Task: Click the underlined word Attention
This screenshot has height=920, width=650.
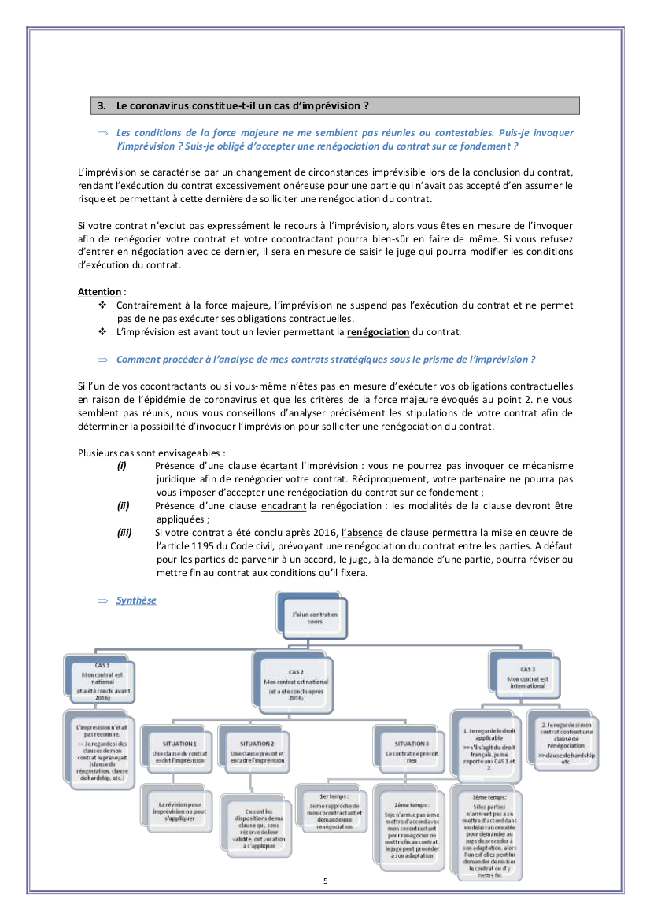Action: [98, 291]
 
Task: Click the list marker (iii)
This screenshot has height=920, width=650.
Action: [124, 533]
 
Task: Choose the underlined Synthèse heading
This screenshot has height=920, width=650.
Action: [136, 600]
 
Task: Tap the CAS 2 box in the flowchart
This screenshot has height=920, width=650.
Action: [295, 681]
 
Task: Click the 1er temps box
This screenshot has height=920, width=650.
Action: [331, 810]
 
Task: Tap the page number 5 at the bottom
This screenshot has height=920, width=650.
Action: [325, 881]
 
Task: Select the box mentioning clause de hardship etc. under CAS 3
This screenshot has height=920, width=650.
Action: [567, 741]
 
